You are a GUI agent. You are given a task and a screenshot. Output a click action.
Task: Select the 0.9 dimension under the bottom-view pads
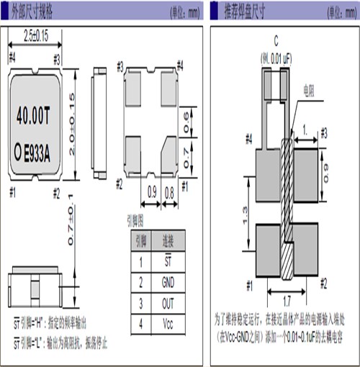[x=152, y=192]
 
